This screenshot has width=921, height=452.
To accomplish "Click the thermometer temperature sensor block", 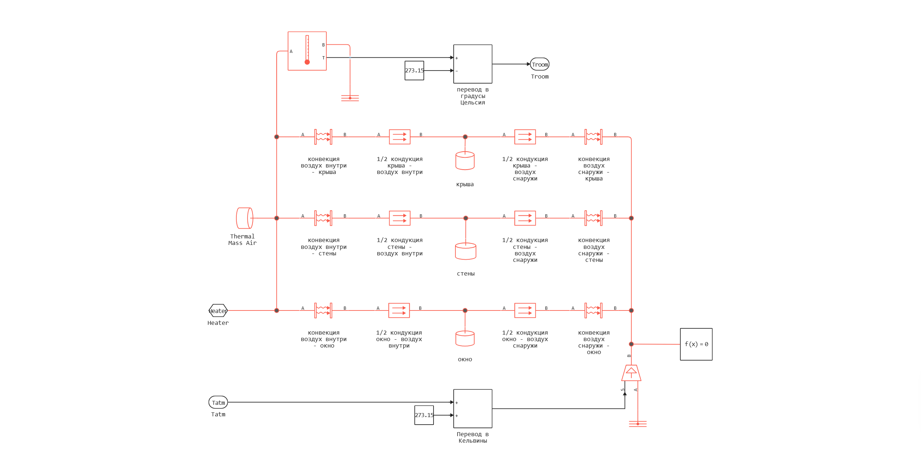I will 307,51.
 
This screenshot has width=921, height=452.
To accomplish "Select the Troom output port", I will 540,64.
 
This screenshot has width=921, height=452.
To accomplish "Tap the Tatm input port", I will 218,402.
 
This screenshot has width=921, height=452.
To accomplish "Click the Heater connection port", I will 218,310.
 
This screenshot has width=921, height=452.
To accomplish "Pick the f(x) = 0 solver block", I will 696,344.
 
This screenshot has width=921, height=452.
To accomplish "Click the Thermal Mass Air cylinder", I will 244,218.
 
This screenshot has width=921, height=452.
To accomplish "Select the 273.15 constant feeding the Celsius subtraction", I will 414,71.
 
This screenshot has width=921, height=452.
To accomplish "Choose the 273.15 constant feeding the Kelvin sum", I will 424,415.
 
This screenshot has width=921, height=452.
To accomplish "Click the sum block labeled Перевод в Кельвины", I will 472,408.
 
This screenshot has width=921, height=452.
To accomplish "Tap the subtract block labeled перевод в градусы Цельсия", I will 472,64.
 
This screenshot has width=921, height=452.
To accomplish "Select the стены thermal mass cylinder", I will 465,251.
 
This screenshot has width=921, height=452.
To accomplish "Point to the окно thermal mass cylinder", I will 465,338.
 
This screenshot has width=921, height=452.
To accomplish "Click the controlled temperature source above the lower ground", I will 631,373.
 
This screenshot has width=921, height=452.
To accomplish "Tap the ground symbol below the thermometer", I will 350,98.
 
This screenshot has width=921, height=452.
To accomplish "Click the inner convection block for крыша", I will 323,137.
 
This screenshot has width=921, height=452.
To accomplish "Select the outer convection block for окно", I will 593,310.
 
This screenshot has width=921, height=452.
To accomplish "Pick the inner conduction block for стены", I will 399,218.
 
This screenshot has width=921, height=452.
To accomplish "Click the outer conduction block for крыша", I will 525,137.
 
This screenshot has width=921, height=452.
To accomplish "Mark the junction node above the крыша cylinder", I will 465,137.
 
